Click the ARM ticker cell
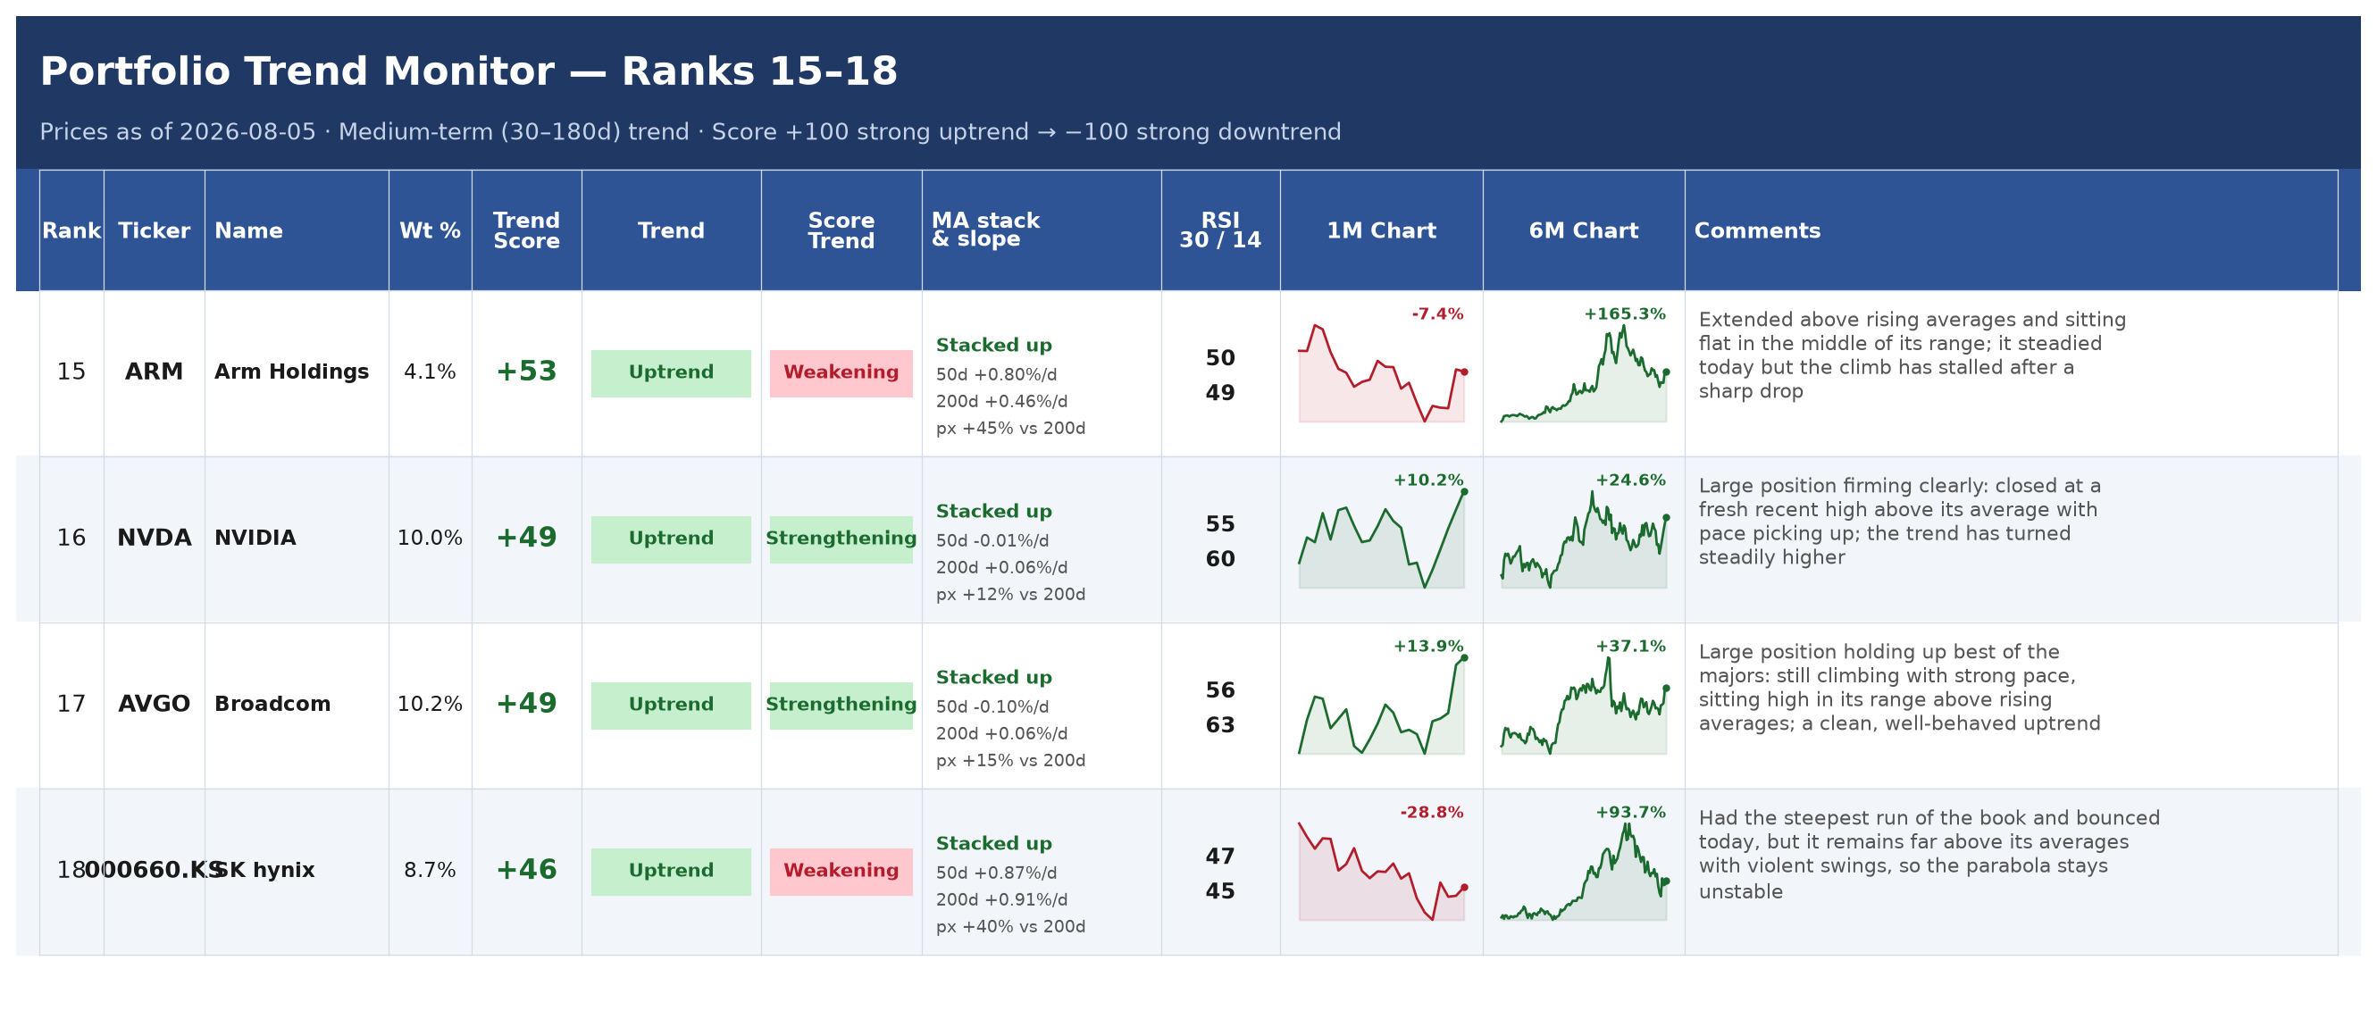coord(155,372)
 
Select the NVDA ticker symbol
coord(155,538)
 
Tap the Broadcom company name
coord(272,704)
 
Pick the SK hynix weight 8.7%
coord(430,870)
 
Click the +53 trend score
coord(526,372)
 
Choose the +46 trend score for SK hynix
coord(526,870)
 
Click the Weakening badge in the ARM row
coord(841,372)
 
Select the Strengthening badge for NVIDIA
coord(841,539)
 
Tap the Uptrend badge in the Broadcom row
coord(671,705)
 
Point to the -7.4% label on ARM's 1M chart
coord(1436,314)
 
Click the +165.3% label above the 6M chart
coord(1624,314)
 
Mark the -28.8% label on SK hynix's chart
coord(1431,813)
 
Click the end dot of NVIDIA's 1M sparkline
coord(1464,492)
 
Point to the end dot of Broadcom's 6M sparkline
coord(1667,689)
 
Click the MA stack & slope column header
coord(984,230)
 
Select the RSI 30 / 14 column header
coord(1220,230)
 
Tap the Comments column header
coord(1757,230)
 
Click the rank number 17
coord(71,704)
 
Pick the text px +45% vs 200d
coord(1010,428)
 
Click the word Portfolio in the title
coord(135,71)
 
